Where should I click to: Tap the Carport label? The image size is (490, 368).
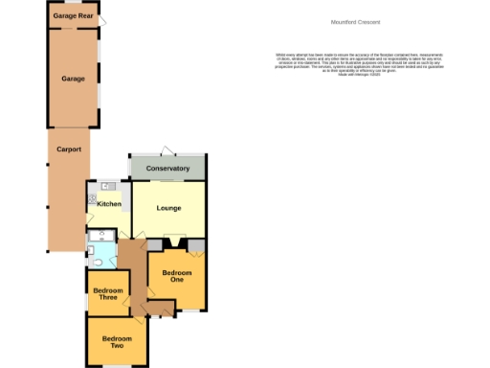[x=68, y=150]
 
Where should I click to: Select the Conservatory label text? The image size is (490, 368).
[x=167, y=169]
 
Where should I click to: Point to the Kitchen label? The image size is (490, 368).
[x=108, y=203]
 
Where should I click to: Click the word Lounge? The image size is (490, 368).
[x=168, y=208]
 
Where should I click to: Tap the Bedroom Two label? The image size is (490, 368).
[x=116, y=342]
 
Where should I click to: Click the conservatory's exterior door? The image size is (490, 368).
[x=167, y=150]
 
